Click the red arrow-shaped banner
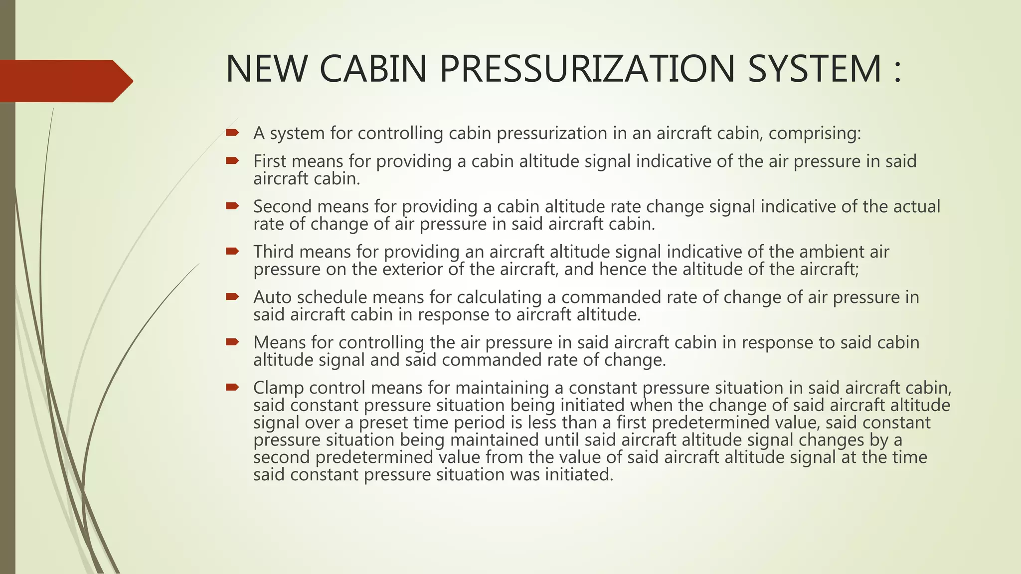(65, 81)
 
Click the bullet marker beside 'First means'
(232, 160)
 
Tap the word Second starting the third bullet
(283, 206)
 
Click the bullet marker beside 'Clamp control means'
(232, 387)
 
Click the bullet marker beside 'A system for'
(232, 133)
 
